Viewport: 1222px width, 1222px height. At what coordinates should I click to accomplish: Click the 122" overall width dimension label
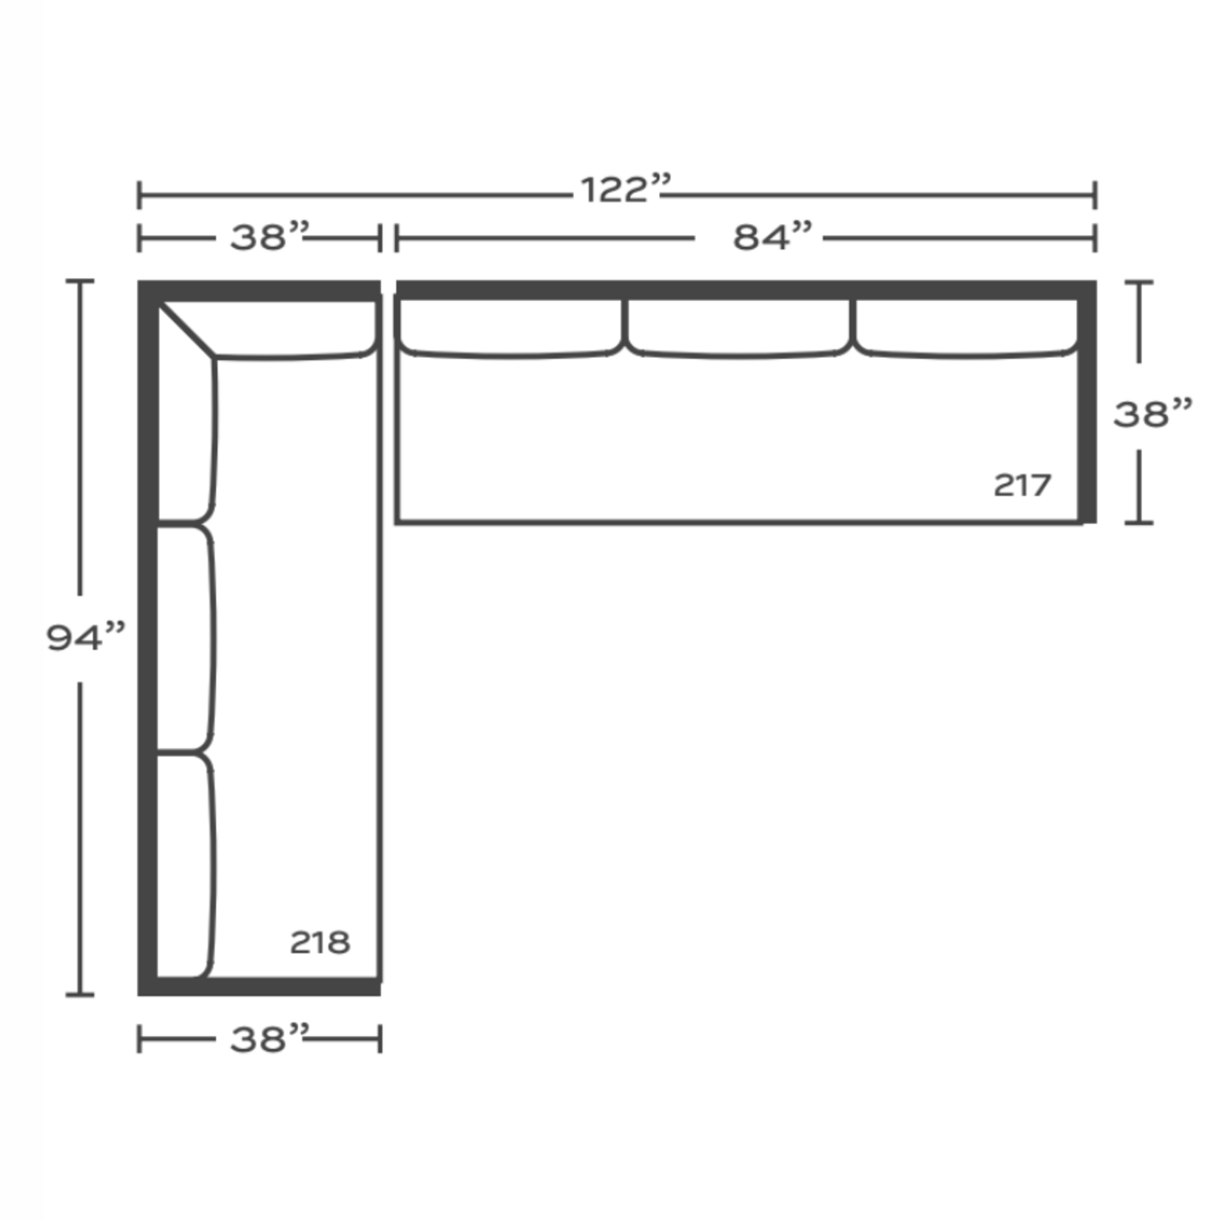coord(626,189)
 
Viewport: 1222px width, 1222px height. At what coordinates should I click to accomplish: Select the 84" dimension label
coord(772,237)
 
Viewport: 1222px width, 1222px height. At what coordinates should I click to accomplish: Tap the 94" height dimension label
coord(86,637)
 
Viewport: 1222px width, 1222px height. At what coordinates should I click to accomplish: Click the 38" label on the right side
coord(1152,414)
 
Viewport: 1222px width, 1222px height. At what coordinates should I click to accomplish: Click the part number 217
coord(1022,486)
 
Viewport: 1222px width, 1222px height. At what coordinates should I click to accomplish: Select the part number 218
coord(320,942)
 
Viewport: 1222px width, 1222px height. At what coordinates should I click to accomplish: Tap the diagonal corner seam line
coord(187,330)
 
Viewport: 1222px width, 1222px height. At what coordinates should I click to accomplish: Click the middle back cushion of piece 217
coord(740,328)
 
